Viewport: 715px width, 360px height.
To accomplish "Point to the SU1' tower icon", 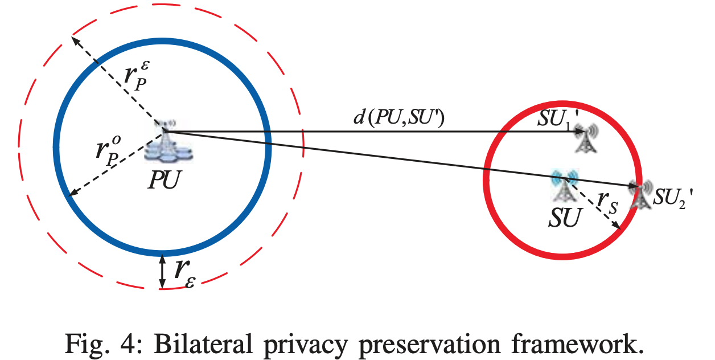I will (586, 138).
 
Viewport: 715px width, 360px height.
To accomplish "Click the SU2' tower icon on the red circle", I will (640, 195).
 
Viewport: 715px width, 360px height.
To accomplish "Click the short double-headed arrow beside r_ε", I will (163, 271).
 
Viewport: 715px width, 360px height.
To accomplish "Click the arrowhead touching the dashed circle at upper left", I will (74, 40).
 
